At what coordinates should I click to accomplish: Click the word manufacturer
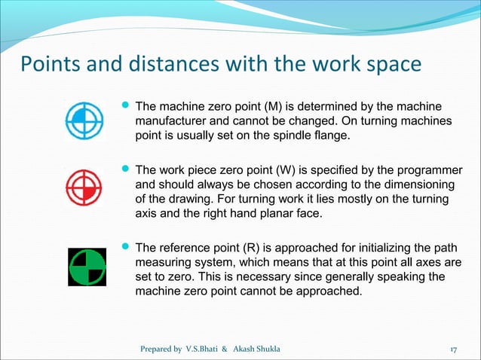pyautogui.click(x=173, y=121)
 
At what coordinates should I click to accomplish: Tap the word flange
pyautogui.click(x=332, y=135)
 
